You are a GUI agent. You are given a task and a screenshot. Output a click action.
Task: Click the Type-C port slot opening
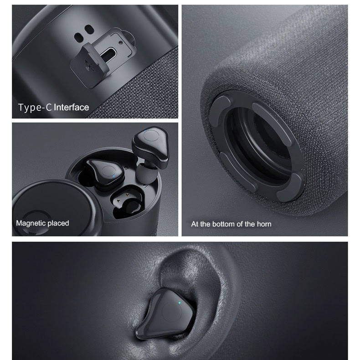tap(108, 53)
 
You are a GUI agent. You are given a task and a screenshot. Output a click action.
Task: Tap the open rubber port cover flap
tap(89, 65)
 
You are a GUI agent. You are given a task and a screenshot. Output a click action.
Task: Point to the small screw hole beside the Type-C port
tap(121, 42)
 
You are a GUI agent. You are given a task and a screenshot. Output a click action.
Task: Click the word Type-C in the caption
tap(35, 108)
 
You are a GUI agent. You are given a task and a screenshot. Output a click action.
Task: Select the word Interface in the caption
tap(72, 107)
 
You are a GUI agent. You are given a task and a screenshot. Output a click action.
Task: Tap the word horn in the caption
tap(264, 224)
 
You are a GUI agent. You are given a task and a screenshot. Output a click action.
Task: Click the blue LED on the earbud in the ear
tap(180, 303)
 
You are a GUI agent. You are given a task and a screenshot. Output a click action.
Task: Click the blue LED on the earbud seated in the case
tap(114, 176)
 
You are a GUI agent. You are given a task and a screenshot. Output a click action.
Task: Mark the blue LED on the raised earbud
tap(145, 131)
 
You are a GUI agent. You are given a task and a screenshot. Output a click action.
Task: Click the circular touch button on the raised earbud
tap(151, 136)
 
